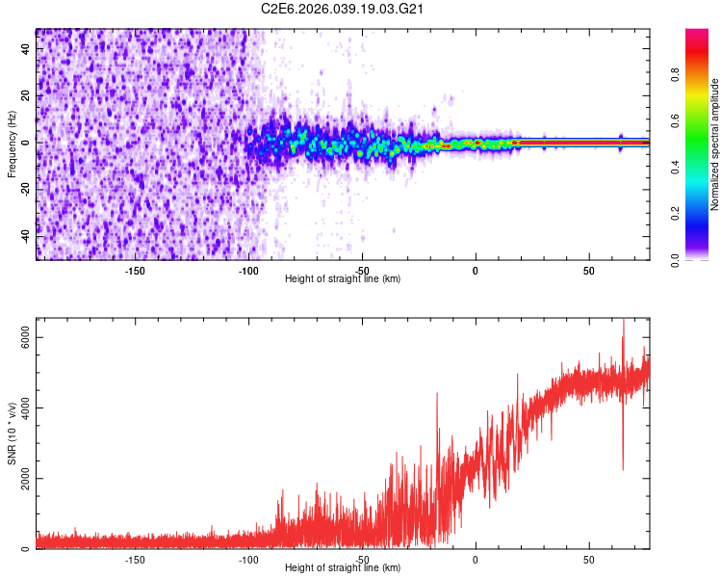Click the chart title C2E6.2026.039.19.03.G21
pyautogui.click(x=343, y=9)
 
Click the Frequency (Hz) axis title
pyautogui.click(x=12, y=144)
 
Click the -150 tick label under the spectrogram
pyautogui.click(x=135, y=270)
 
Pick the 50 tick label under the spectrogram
pyautogui.click(x=588, y=270)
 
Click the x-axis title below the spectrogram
pyautogui.click(x=343, y=279)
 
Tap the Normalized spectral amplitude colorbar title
pyautogui.click(x=715, y=144)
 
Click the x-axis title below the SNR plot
pyautogui.click(x=343, y=568)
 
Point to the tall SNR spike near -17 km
pyautogui.click(x=437, y=394)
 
